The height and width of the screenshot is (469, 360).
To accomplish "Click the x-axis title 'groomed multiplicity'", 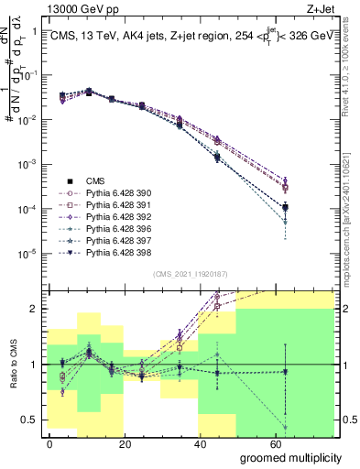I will coord(292,457).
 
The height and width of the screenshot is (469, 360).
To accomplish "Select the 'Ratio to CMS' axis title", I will coord(12,364).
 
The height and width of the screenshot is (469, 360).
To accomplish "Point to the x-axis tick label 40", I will coord(201,443).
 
